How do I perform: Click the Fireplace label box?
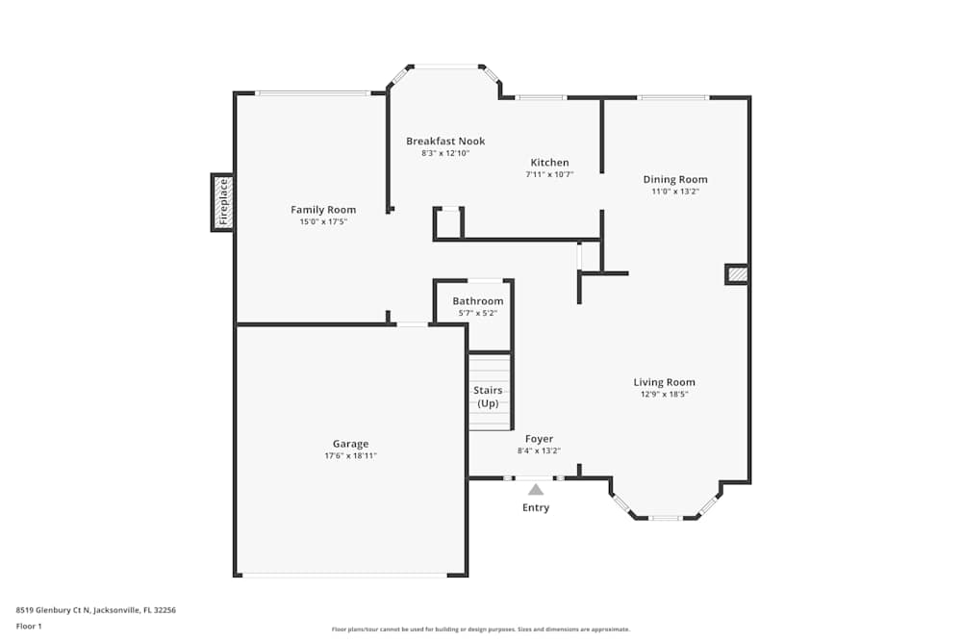(x=223, y=202)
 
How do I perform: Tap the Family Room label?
(x=323, y=210)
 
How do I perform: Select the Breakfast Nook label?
(x=445, y=141)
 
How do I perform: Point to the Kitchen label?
(x=549, y=163)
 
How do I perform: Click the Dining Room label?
(x=675, y=180)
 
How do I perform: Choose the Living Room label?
(x=665, y=382)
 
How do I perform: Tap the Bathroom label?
(x=478, y=301)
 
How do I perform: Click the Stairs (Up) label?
(x=488, y=398)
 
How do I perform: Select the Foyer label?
(x=540, y=439)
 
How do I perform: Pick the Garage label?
(x=351, y=444)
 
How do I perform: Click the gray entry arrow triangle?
(x=536, y=490)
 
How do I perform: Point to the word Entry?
(x=536, y=507)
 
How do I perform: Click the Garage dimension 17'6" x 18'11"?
(x=351, y=456)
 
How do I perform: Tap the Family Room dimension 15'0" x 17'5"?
(x=323, y=222)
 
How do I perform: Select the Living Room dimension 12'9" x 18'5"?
(x=665, y=395)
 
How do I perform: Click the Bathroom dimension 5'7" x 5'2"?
(x=478, y=313)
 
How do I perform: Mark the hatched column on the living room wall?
(x=737, y=274)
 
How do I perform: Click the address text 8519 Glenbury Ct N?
(x=53, y=610)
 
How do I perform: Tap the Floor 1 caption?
(x=29, y=626)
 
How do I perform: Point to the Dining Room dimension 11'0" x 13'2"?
(x=675, y=192)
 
